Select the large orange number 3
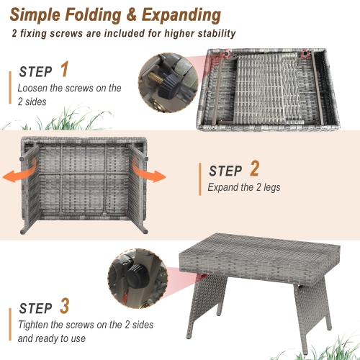tap(65, 305)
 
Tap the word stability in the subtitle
tap(215, 34)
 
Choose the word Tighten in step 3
tap(35, 323)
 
